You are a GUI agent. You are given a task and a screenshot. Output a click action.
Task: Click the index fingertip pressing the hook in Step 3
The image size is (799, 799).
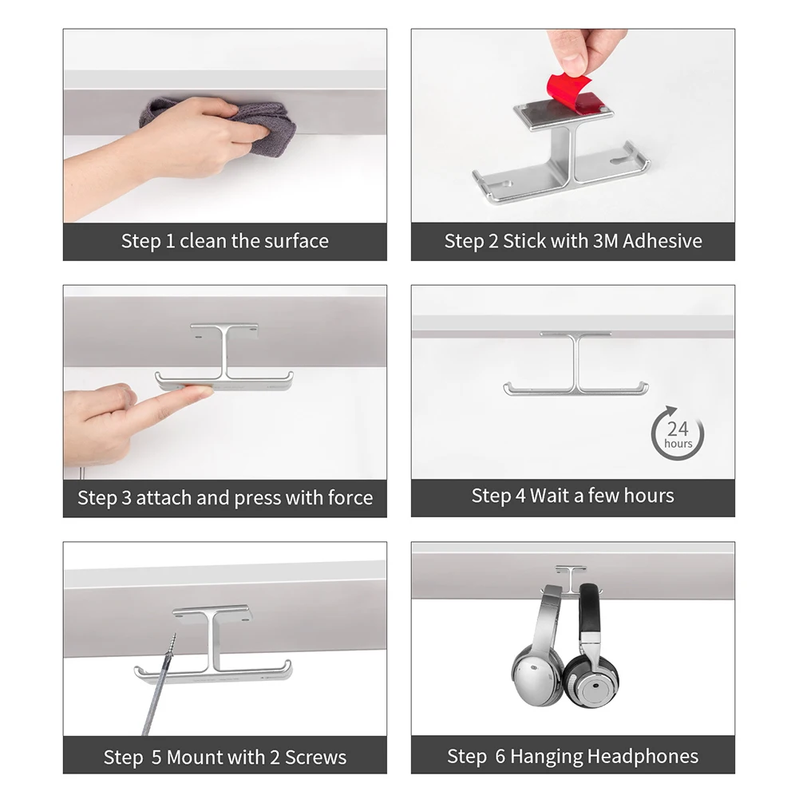[204, 391]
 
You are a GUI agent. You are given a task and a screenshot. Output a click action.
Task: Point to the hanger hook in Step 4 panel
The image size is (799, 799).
[576, 364]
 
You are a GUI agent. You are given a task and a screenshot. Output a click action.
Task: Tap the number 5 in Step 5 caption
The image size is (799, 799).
[156, 757]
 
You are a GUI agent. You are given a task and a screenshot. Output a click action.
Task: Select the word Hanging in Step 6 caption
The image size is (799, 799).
[546, 757]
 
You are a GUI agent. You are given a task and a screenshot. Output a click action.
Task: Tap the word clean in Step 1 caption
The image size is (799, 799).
[203, 241]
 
